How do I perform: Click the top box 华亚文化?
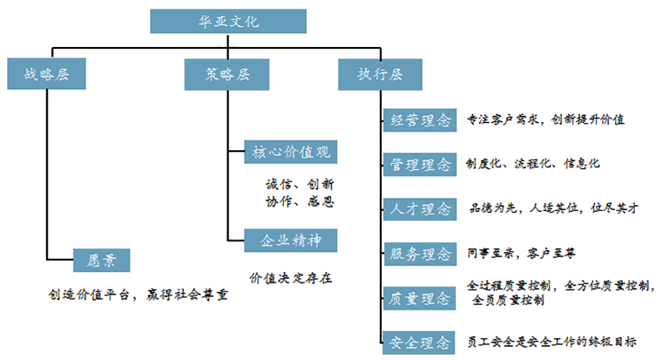(x=228, y=21)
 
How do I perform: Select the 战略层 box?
(x=47, y=74)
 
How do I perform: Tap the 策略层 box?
(x=227, y=74)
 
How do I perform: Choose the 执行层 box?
(x=380, y=74)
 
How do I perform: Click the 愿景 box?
(x=101, y=260)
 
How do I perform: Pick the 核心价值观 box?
(x=291, y=152)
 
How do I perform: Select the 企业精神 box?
(x=291, y=240)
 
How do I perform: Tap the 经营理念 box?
(x=420, y=120)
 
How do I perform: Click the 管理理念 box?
(x=420, y=165)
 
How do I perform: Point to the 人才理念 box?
(x=420, y=209)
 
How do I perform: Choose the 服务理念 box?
(x=420, y=253)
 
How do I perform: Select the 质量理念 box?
(x=420, y=298)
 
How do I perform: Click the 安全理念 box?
(x=420, y=343)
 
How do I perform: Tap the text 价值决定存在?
(x=291, y=278)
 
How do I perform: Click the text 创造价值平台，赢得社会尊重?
(x=138, y=295)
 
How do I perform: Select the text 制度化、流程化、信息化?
(x=533, y=163)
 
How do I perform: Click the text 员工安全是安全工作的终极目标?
(x=551, y=341)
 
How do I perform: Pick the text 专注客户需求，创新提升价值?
(x=545, y=120)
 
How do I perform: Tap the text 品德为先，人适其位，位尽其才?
(x=553, y=208)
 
